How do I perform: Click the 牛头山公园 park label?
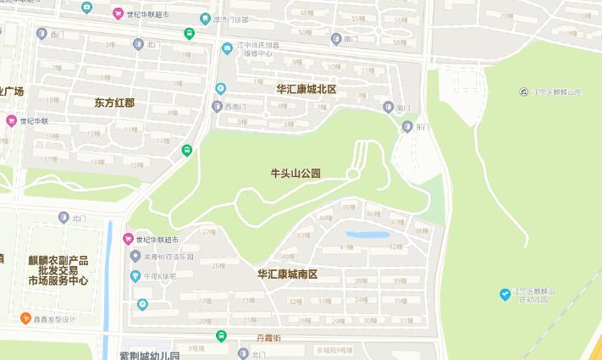tap(295, 173)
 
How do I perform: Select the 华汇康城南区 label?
tap(288, 274)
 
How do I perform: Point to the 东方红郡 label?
tap(114, 102)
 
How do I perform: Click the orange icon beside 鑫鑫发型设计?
tap(26, 318)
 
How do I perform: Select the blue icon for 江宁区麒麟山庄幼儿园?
tap(505, 293)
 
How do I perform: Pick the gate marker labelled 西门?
tap(41, 33)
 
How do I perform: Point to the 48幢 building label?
tap(421, 231)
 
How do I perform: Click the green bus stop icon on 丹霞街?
tap(221, 335)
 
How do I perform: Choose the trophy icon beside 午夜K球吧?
tap(135, 275)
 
